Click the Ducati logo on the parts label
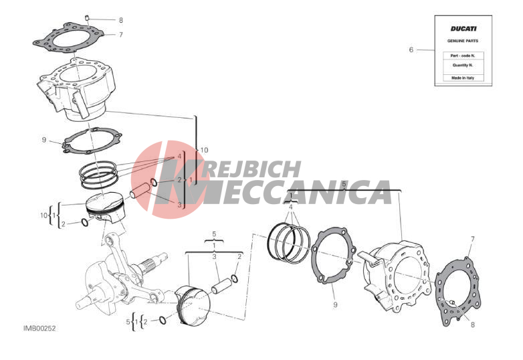pyautogui.click(x=463, y=29)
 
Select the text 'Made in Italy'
pyautogui.click(x=463, y=78)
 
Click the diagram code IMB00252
pyautogui.click(x=39, y=329)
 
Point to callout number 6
pyautogui.click(x=411, y=50)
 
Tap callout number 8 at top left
pyautogui.click(x=121, y=20)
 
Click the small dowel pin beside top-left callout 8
pyautogui.click(x=87, y=17)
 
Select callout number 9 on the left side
pyautogui.click(x=44, y=140)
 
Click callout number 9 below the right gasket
pyautogui.click(x=335, y=304)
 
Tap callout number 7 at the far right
pyautogui.click(x=472, y=239)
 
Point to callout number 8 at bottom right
pyautogui.click(x=472, y=325)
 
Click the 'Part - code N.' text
pyautogui.click(x=463, y=56)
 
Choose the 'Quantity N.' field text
pyautogui.click(x=463, y=66)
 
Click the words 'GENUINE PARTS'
pyautogui.click(x=463, y=41)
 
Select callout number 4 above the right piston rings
pyautogui.click(x=290, y=207)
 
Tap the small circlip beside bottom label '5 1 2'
pyautogui.click(x=163, y=321)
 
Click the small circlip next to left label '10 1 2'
pyautogui.click(x=85, y=222)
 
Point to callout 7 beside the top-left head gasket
pyautogui.click(x=121, y=35)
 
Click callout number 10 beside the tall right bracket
pyautogui.click(x=204, y=150)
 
